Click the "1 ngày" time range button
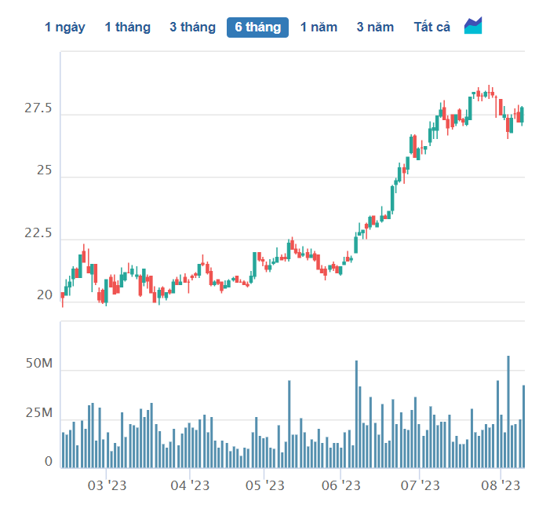pyautogui.click(x=65, y=27)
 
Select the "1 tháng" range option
pyautogui.click(x=128, y=27)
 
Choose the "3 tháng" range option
pyautogui.click(x=192, y=27)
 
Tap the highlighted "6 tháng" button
pyautogui.click(x=257, y=27)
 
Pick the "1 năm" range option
pyautogui.click(x=319, y=27)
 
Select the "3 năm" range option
pyautogui.click(x=375, y=27)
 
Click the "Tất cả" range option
pyautogui.click(x=432, y=27)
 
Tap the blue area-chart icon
pyautogui.click(x=473, y=25)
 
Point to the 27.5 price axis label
pyautogui.click(x=38, y=108)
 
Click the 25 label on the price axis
pyautogui.click(x=44, y=170)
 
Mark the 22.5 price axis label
pyautogui.click(x=38, y=233)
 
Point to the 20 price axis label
pyautogui.click(x=45, y=295)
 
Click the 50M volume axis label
pyautogui.click(x=39, y=364)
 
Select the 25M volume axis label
pyautogui.click(x=39, y=412)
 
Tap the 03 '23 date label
pyautogui.click(x=107, y=485)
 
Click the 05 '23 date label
pyautogui.click(x=264, y=485)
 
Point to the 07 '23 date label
pyautogui.click(x=420, y=485)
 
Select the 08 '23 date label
pyautogui.click(x=501, y=485)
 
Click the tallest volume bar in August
pyautogui.click(x=508, y=412)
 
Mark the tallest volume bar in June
pyautogui.click(x=356, y=414)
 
